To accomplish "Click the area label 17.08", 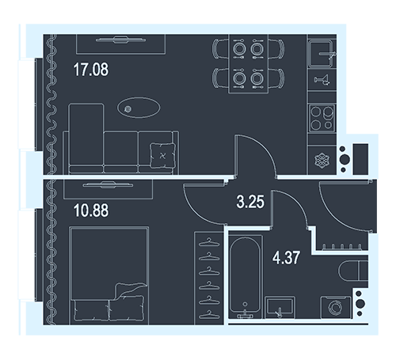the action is [91, 70].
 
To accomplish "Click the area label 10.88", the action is [91, 210].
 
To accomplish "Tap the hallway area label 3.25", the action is [250, 202].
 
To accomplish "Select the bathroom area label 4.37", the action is [286, 258].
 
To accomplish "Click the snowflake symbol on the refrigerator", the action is [322, 160].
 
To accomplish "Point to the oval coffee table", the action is [139, 108].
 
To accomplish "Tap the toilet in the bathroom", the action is [353, 271].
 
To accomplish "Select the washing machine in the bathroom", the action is [336, 307].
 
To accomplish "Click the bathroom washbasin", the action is [280, 307].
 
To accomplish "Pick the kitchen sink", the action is [322, 54].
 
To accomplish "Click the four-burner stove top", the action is [322, 118].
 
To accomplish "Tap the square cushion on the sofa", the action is [162, 156].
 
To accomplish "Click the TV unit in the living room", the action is [121, 44].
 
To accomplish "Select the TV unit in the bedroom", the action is [108, 189].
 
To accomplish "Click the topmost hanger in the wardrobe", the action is [209, 242].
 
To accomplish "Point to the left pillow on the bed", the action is [91, 310].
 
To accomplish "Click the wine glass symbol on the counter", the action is [322, 80].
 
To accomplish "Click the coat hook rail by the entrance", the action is [342, 247].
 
